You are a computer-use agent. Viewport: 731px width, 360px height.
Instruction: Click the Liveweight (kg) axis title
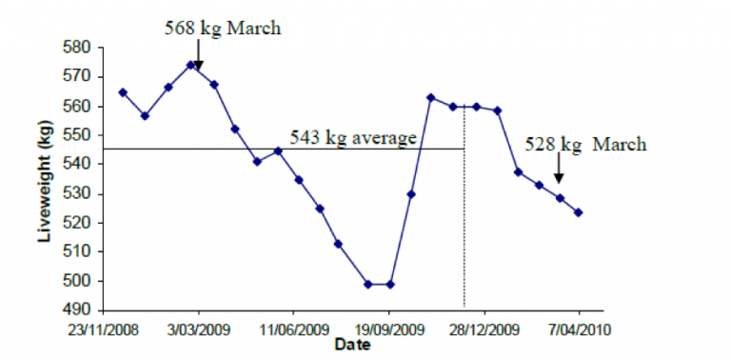tap(45, 177)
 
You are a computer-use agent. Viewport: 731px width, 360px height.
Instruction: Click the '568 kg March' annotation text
tap(223, 27)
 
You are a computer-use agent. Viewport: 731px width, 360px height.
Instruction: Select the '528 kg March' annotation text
tap(585, 145)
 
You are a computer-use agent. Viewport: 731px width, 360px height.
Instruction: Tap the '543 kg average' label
tap(354, 139)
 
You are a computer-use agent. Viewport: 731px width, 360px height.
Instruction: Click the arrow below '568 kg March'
tap(198, 54)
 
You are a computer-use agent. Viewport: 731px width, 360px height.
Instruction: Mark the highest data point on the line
tap(191, 66)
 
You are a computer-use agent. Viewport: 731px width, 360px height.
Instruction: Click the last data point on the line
tap(578, 212)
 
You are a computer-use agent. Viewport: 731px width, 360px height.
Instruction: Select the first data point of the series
tap(123, 92)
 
